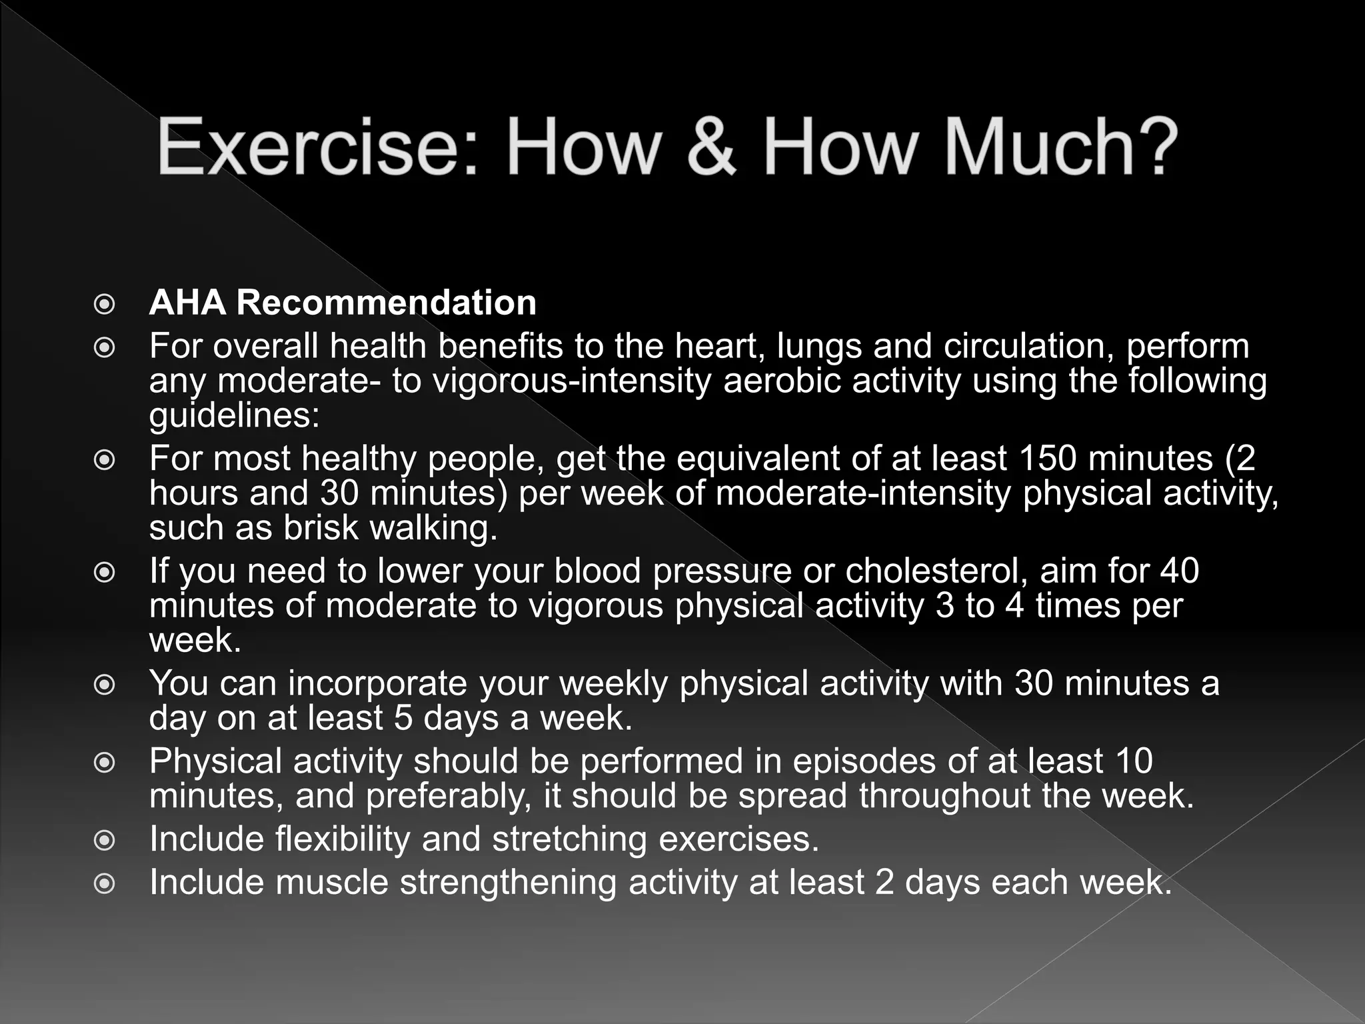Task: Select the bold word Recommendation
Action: (386, 303)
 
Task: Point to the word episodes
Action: (864, 761)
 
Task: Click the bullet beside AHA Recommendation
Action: (105, 305)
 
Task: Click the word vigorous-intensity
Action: (573, 381)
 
